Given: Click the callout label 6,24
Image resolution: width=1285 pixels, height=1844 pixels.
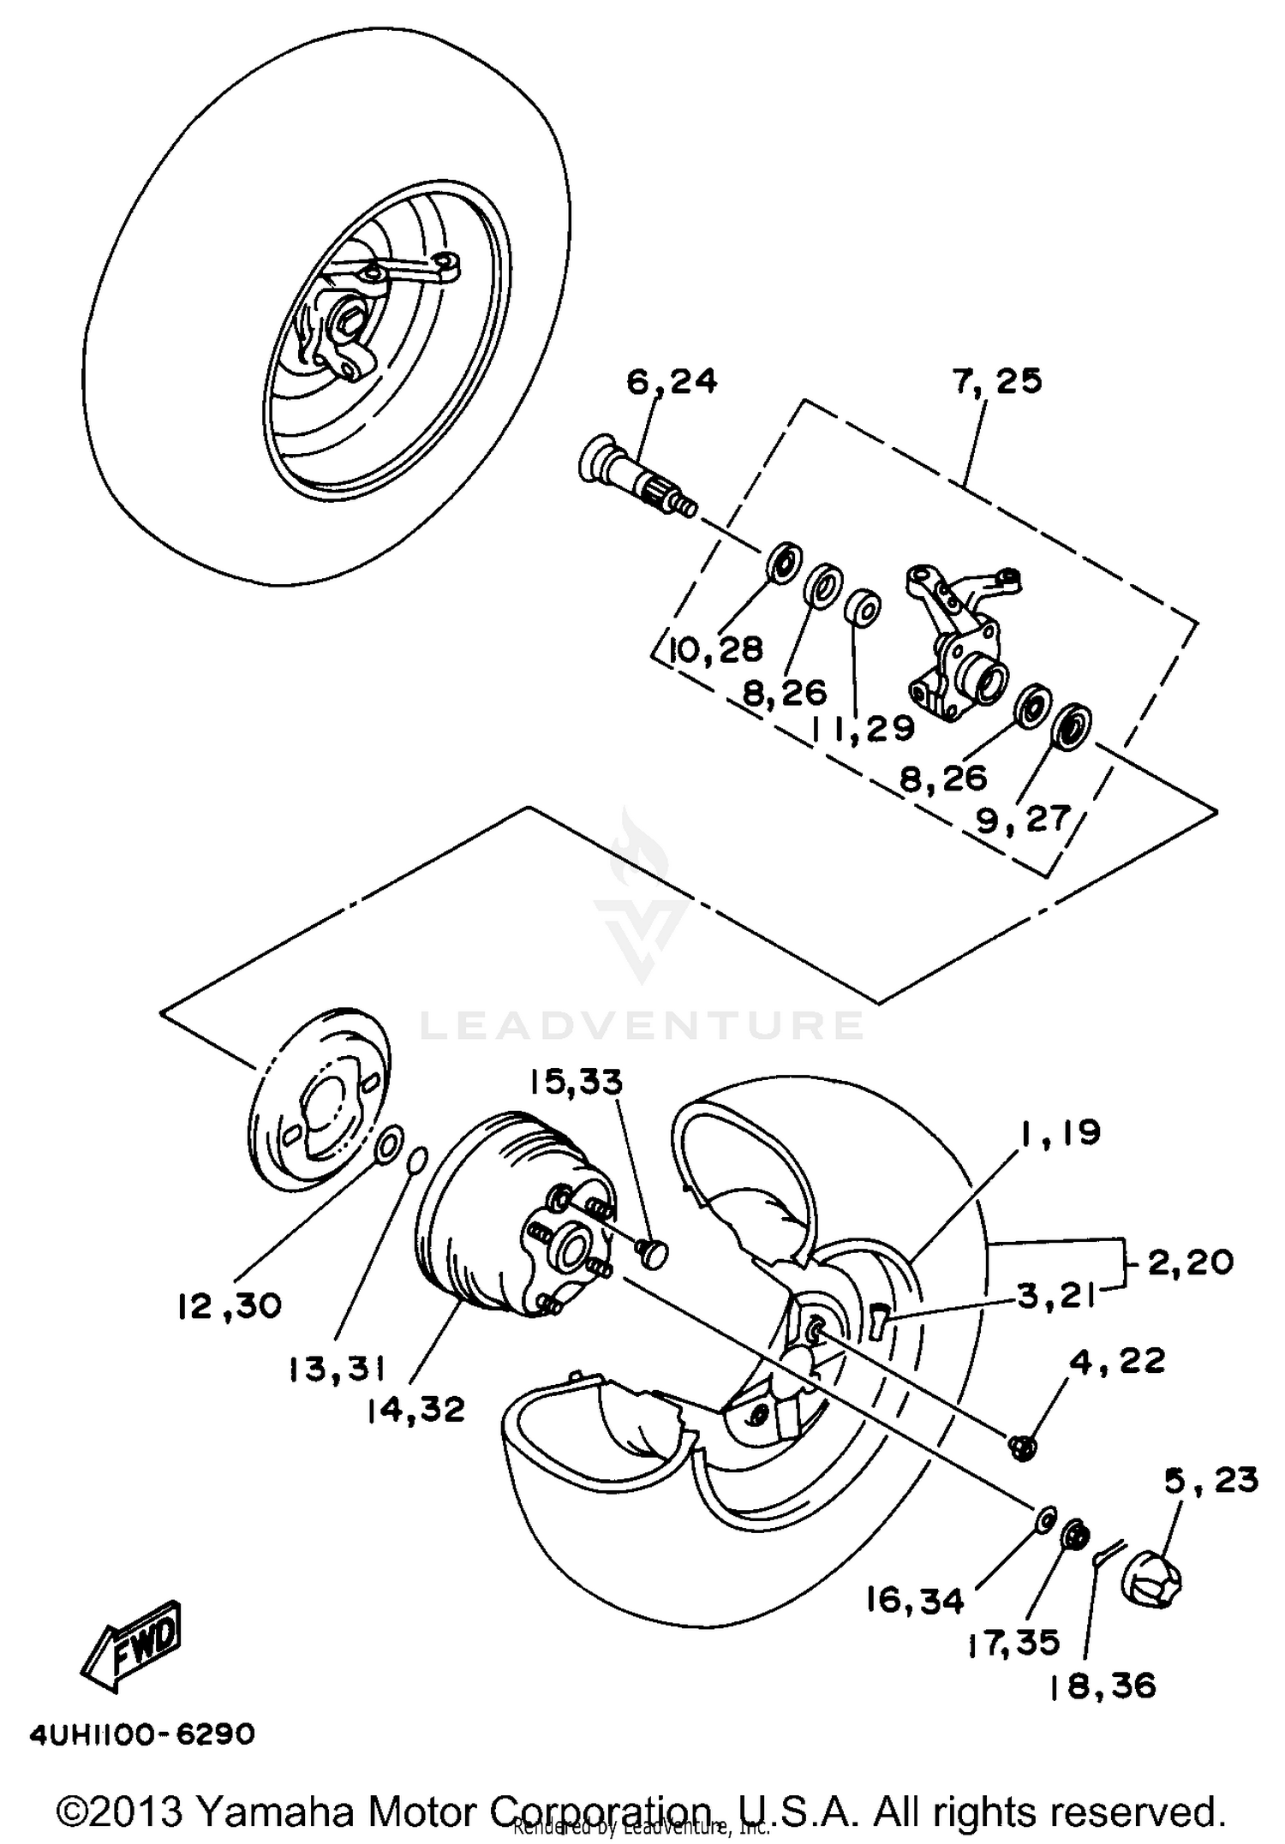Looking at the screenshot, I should point(672,381).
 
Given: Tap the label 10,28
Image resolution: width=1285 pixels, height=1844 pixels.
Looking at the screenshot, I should point(716,650).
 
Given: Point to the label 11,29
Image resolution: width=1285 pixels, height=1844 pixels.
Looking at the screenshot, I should point(863,728).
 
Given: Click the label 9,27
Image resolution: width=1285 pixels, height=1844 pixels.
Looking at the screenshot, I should point(1023,820).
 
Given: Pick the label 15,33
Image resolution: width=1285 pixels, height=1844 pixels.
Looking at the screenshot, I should point(575,1082).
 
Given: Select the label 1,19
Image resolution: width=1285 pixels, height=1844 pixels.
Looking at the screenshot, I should point(1060,1133).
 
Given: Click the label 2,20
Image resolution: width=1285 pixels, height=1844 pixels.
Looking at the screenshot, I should point(1190,1262).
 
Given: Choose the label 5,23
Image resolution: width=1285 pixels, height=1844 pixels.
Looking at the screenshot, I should point(1210,1480).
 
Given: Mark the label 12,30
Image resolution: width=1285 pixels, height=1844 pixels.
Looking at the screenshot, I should point(230,1306).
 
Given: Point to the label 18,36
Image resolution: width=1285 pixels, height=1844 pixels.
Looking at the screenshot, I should point(1102,1686).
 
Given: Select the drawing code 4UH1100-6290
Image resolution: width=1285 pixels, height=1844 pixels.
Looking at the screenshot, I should point(142,1734).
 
